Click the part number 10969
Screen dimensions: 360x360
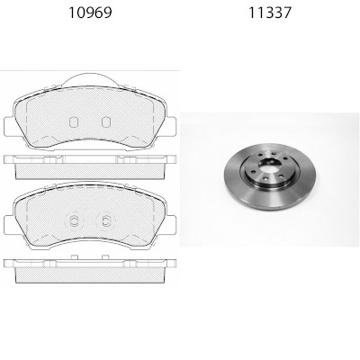[x=90, y=13]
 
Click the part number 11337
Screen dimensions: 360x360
[x=270, y=13]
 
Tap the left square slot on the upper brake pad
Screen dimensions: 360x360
[x=74, y=122]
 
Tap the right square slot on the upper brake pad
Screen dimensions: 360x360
[x=106, y=122]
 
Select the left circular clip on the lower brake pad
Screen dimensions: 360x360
[x=74, y=221]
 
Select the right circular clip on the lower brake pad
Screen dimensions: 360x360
[x=105, y=221]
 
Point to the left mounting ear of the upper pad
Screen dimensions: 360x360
[x=9, y=127]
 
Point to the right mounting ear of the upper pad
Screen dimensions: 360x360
[x=171, y=127]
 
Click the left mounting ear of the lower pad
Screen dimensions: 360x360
[x=9, y=225]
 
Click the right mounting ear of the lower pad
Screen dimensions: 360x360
[x=171, y=225]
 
